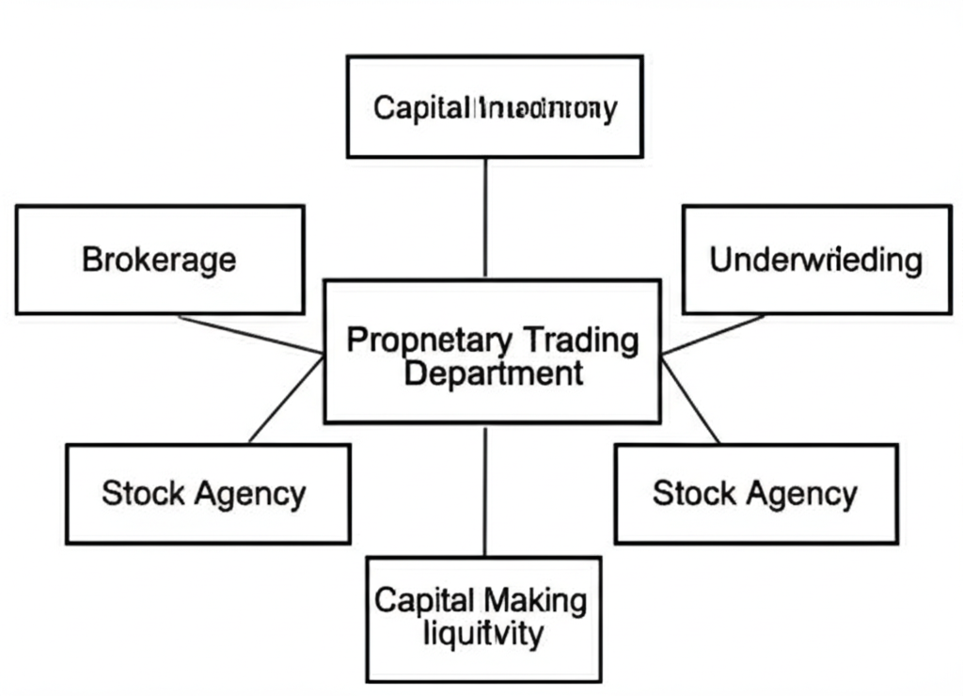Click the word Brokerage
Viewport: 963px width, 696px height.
[159, 260]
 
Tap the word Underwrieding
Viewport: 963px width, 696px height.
[815, 260]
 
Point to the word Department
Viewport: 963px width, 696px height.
[493, 372]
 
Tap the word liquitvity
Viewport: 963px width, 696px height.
[482, 633]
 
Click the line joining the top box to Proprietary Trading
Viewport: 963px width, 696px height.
[485, 217]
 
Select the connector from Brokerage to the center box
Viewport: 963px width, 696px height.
[250, 335]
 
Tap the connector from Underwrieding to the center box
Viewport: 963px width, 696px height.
[714, 335]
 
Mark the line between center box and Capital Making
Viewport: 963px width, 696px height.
[485, 489]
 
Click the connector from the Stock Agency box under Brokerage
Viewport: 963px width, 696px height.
[285, 399]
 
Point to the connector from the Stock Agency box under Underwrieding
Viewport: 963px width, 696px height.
[691, 401]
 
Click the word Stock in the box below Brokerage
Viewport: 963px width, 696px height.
[141, 493]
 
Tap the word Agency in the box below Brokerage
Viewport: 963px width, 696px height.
[250, 493]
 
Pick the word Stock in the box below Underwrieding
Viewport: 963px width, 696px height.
[692, 493]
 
